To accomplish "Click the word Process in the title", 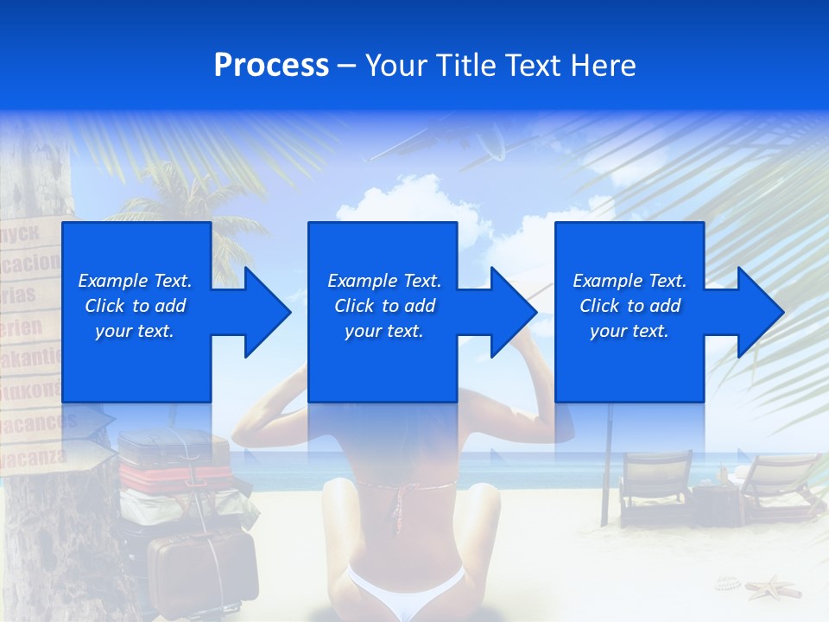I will [271, 66].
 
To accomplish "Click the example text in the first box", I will [136, 306].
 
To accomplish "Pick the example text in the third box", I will [630, 306].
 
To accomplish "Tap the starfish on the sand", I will [772, 588].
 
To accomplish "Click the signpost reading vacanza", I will [39, 456].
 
